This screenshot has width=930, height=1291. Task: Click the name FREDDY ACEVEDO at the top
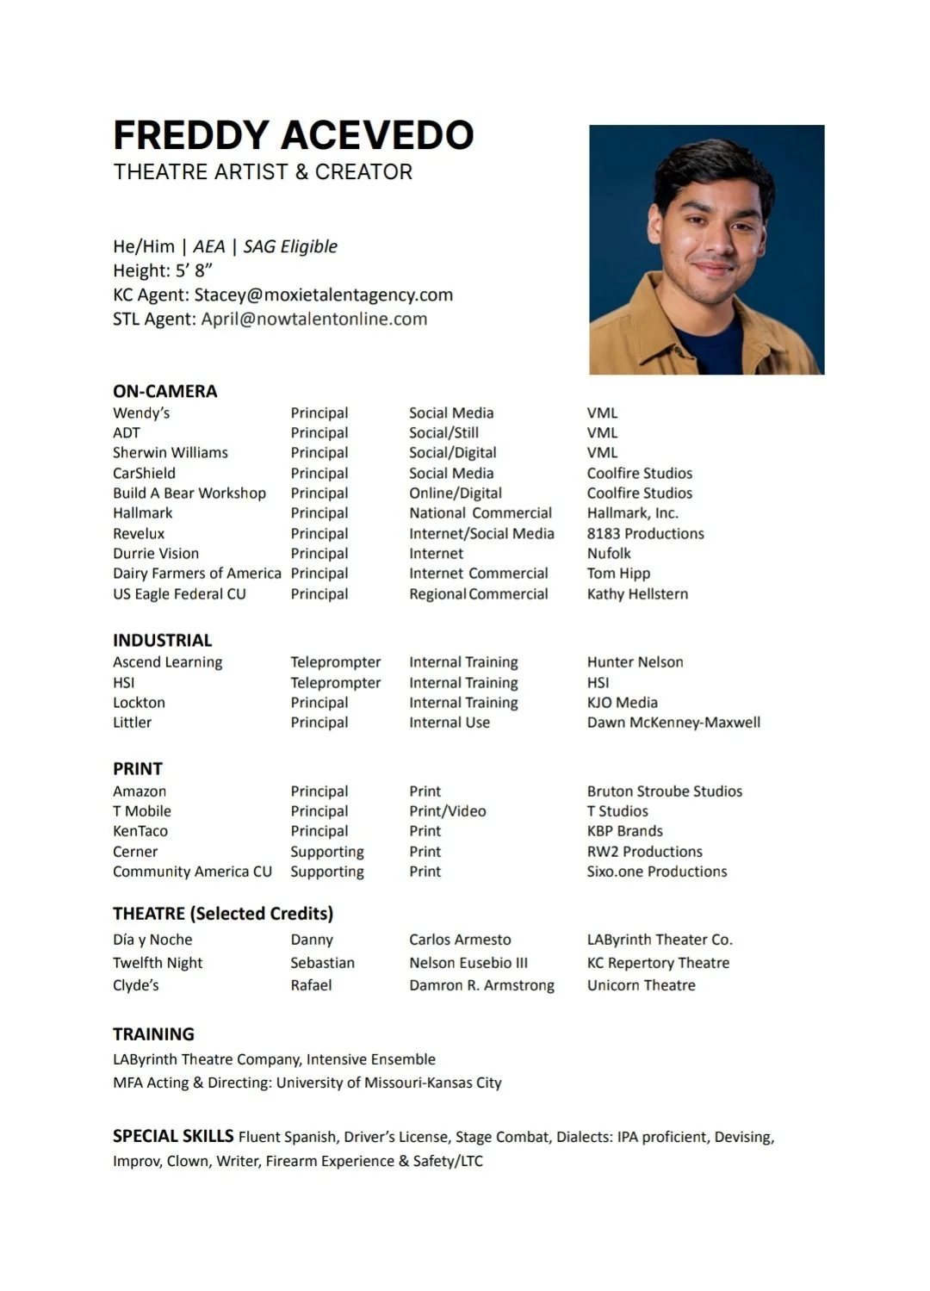coord(293,135)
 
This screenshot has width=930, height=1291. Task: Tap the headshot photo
coord(706,250)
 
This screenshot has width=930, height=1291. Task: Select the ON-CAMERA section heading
coord(164,391)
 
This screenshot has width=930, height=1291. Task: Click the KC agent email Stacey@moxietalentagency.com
coord(323,295)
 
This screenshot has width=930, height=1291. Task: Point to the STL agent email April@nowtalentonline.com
coord(313,319)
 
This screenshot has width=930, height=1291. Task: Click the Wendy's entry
coord(141,413)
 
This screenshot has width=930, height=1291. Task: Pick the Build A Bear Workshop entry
coord(189,493)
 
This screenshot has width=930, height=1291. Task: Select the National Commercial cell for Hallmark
coord(480,512)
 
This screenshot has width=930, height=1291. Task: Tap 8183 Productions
coord(645,533)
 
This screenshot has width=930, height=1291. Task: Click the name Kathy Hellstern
coord(637,593)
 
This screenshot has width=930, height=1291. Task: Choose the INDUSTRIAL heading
coord(162,640)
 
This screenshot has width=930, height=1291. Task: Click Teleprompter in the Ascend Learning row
coord(335,661)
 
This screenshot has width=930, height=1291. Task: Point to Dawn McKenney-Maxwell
coord(673,722)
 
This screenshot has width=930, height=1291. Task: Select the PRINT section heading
coord(138,768)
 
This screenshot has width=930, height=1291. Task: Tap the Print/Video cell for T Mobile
coord(447,810)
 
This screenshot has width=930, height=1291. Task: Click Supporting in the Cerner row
coord(326,851)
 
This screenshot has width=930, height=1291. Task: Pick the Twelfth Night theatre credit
coord(158,962)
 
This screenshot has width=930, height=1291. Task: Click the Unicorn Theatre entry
coord(641,984)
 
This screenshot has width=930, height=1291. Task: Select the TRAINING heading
coord(153,1033)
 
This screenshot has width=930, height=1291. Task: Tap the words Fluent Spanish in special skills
coord(287,1137)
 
